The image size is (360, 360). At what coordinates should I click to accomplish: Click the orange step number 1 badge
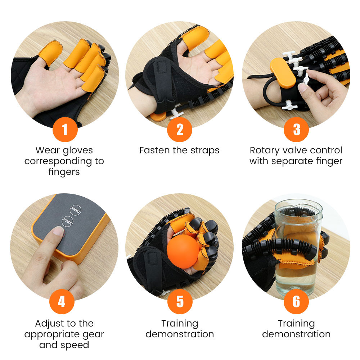point(65,130)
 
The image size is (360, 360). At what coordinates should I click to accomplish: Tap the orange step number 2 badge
point(180,130)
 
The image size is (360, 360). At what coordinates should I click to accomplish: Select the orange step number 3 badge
point(296,130)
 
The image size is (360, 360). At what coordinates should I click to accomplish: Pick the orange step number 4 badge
point(62,301)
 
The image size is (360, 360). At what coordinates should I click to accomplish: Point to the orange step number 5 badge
point(180,301)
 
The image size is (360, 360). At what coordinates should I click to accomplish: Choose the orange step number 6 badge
point(296,301)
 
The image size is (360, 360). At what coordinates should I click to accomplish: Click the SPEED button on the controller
point(75,210)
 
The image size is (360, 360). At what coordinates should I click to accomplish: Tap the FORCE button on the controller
point(67,221)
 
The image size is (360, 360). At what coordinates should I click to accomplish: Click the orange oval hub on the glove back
point(283,72)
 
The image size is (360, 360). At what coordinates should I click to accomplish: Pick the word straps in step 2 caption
point(205,151)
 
